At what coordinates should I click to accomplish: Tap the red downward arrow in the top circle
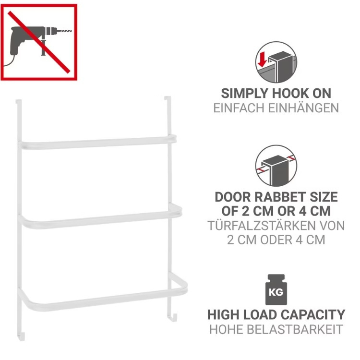pyautogui.click(x=262, y=59)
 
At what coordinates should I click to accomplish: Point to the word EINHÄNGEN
pyautogui.click(x=303, y=108)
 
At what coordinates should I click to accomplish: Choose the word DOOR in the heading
pyautogui.click(x=232, y=197)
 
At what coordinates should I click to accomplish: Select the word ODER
pyautogui.click(x=276, y=240)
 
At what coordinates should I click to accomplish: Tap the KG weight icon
pyautogui.click(x=276, y=289)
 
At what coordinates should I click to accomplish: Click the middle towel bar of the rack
pyautogui.click(x=100, y=218)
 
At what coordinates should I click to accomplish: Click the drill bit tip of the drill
pyautogui.click(x=71, y=31)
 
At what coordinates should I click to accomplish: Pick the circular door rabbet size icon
pyautogui.click(x=276, y=166)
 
